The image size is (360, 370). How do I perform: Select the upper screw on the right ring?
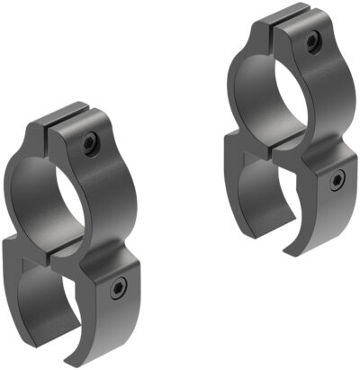[x=311, y=40]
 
